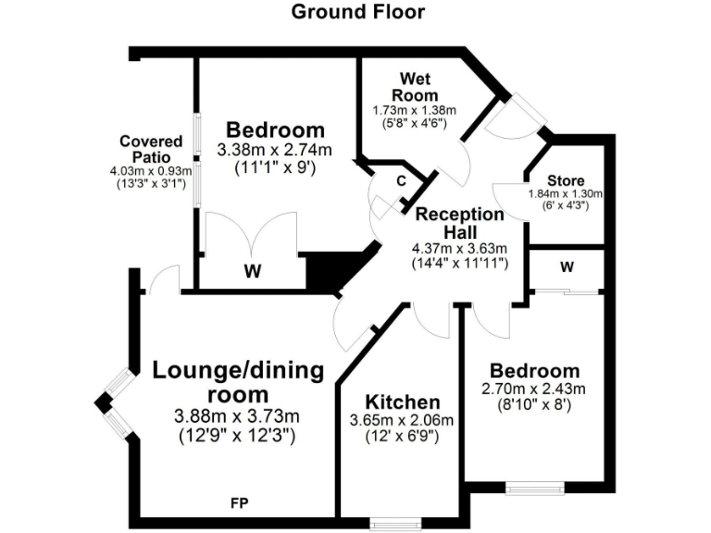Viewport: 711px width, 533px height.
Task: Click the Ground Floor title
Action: (x=358, y=12)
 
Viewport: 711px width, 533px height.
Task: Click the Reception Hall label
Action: (x=459, y=222)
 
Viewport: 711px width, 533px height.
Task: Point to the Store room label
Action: (x=565, y=180)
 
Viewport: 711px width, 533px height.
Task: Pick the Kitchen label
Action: (x=403, y=403)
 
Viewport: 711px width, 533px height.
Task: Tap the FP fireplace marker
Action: (x=239, y=502)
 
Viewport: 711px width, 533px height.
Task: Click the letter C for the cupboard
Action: (x=401, y=180)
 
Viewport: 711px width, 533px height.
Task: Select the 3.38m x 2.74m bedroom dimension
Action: (x=275, y=150)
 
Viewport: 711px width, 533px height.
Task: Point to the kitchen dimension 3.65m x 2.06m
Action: (x=403, y=420)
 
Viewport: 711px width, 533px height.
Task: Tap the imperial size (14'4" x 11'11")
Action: (x=459, y=263)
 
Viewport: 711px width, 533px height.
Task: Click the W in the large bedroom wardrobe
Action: (x=252, y=271)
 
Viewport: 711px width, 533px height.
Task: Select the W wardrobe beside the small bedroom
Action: (x=567, y=268)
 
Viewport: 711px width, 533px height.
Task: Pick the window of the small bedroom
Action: (x=535, y=488)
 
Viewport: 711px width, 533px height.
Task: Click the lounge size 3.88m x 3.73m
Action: (x=238, y=416)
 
